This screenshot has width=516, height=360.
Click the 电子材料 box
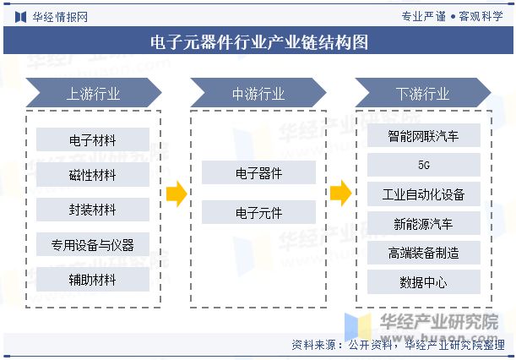[92, 139]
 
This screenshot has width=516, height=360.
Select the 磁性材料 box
[92, 175]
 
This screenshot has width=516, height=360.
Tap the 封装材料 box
[92, 210]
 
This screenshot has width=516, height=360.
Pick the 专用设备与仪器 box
[92, 244]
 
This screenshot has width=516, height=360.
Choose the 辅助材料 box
[92, 280]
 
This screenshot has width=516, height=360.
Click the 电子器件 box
[258, 172]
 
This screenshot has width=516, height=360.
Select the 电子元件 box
[258, 212]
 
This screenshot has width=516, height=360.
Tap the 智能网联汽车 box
[424, 135]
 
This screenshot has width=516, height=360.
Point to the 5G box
[424, 165]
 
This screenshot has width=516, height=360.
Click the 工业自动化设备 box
[424, 194]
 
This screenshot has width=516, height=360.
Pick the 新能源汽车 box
[424, 223]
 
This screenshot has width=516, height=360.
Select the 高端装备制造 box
[424, 253]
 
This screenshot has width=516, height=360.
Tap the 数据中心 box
[424, 282]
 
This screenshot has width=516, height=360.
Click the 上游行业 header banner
[94, 93]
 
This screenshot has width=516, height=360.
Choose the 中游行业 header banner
[258, 93]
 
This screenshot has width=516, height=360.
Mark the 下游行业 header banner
[423, 93]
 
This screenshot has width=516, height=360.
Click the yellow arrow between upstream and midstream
[177, 194]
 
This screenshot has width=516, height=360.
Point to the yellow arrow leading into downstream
[341, 194]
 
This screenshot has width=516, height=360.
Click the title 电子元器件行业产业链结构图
[259, 42]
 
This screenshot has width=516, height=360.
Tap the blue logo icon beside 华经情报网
[21, 17]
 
